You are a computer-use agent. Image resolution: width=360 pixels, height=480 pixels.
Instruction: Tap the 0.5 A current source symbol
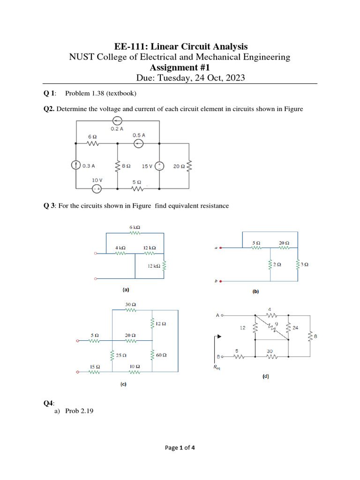pyautogui.click(x=138, y=143)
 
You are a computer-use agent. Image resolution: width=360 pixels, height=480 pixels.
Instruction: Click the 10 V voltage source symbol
pyautogui.click(x=97, y=188)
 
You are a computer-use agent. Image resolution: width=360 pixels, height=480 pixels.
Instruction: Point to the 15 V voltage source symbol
pyautogui.click(x=159, y=165)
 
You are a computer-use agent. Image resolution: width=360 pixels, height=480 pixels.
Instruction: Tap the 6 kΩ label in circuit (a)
pyautogui.click(x=135, y=227)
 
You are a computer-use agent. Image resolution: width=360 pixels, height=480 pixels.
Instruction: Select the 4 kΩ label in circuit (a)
pyautogui.click(x=120, y=247)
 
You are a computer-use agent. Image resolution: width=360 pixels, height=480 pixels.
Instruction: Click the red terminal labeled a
pyautogui.click(x=221, y=248)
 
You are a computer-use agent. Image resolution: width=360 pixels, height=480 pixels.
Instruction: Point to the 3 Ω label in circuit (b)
pyautogui.click(x=305, y=264)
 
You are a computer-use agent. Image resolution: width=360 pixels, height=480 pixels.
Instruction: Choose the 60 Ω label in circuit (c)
pyautogui.click(x=162, y=355)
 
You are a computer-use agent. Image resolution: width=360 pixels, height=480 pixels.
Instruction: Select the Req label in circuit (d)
pyautogui.click(x=217, y=368)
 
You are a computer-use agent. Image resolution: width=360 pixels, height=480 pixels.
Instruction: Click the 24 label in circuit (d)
pyautogui.click(x=295, y=328)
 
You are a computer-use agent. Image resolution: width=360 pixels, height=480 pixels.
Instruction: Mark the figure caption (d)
pyautogui.click(x=265, y=376)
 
